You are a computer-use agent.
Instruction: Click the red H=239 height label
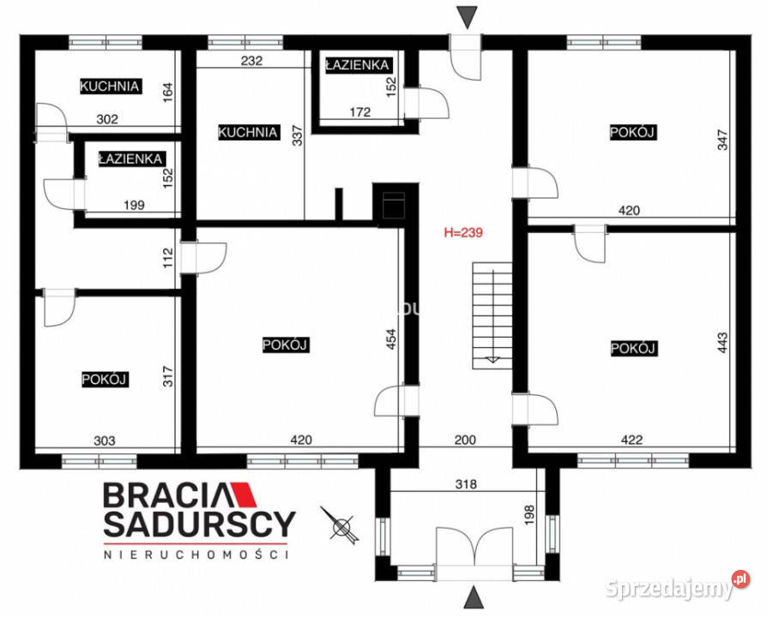pyautogui.click(x=464, y=231)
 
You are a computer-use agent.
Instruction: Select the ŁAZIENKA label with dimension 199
pyautogui.click(x=130, y=159)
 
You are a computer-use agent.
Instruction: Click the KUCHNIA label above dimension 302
pyautogui.click(x=110, y=87)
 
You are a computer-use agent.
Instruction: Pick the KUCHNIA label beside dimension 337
pyautogui.click(x=248, y=133)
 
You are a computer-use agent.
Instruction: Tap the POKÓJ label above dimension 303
pyautogui.click(x=105, y=380)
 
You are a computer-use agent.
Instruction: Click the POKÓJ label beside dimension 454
pyautogui.click(x=285, y=344)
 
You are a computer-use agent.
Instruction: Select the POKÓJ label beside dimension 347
pyautogui.click(x=633, y=132)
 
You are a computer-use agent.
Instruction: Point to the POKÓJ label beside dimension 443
pyautogui.click(x=633, y=349)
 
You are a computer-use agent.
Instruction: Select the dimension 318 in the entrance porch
pyautogui.click(x=467, y=483)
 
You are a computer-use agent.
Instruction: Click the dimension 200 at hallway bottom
pyautogui.click(x=465, y=440)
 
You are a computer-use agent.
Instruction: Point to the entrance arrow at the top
pyautogui.click(x=466, y=16)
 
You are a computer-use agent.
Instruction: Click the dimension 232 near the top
pyautogui.click(x=251, y=61)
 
